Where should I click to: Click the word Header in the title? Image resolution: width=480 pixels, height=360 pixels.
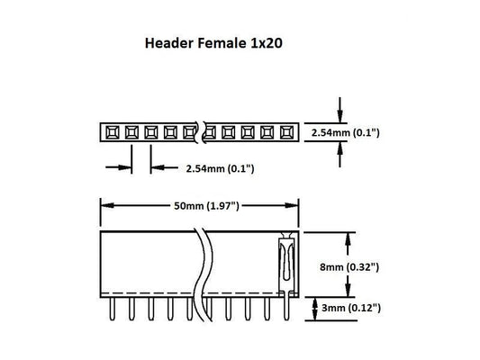click(x=166, y=42)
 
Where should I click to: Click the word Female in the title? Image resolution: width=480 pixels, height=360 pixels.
click(x=217, y=42)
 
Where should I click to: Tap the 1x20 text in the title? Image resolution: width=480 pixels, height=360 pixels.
click(x=262, y=42)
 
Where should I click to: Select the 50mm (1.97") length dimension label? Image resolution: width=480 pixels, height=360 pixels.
click(x=206, y=206)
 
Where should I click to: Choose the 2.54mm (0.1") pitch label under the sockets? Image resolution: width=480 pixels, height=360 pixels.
click(x=219, y=168)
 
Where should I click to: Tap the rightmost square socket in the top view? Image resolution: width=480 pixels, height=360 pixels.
click(x=287, y=133)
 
